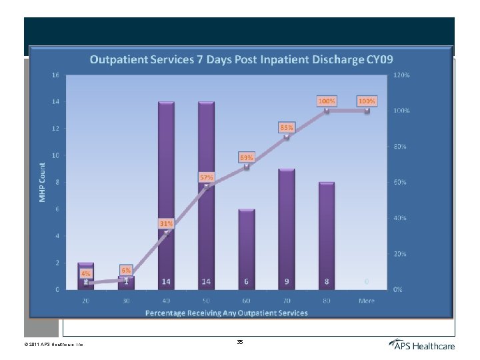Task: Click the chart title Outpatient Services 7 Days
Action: [x=241, y=60]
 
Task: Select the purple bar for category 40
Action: [x=166, y=193]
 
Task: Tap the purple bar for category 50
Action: [x=206, y=193]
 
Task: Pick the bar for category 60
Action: [x=246, y=247]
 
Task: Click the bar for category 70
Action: [x=286, y=227]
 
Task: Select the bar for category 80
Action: [x=326, y=233]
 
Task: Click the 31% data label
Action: [x=166, y=223]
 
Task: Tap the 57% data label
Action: [x=206, y=177]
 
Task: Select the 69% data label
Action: [x=247, y=157]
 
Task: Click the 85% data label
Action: [x=287, y=127]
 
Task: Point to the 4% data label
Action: [x=86, y=273]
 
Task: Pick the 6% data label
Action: [x=126, y=269]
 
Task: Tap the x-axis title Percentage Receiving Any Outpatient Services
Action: [x=227, y=313]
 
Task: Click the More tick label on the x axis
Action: [x=366, y=301]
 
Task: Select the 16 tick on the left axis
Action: [x=56, y=75]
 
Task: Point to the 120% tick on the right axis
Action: [x=401, y=75]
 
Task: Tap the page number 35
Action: [x=240, y=341]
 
